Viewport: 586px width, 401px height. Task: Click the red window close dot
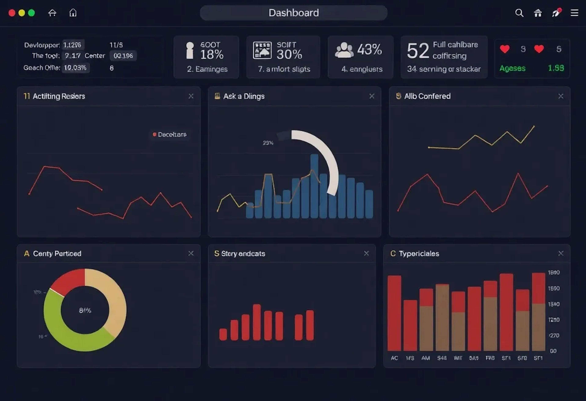point(12,13)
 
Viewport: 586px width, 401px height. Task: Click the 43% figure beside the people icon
point(369,49)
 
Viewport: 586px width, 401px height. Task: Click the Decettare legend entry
point(172,134)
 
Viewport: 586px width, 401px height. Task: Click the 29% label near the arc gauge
point(268,143)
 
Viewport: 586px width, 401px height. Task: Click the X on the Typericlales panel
point(561,253)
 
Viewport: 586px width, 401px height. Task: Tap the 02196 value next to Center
point(123,56)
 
